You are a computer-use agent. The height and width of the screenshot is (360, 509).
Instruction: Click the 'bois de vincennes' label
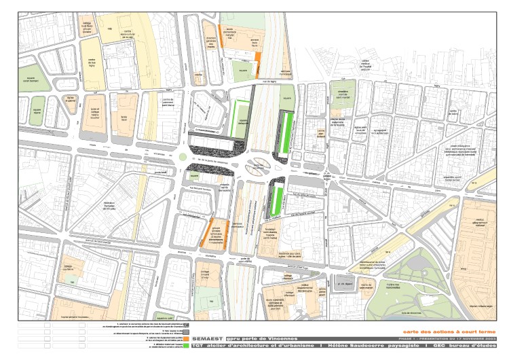click(411, 312)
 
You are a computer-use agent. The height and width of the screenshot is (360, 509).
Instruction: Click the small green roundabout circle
click(183, 157)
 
